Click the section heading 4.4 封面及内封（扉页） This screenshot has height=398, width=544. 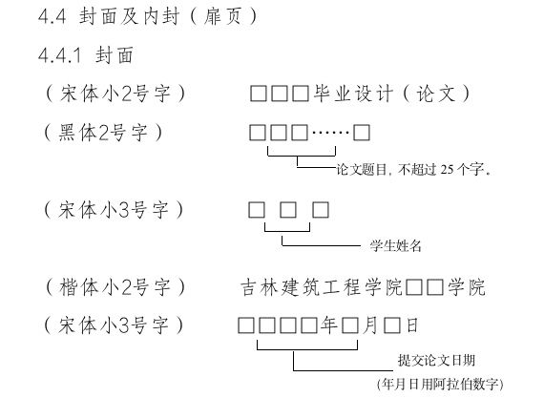(148, 16)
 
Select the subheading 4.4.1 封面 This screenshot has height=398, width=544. (85, 55)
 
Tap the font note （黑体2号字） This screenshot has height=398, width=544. (104, 133)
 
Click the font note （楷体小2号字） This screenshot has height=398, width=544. (115, 287)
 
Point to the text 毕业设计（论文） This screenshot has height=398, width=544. (392, 94)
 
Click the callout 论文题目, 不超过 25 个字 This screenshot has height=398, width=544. (413, 169)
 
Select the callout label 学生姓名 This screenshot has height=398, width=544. (396, 245)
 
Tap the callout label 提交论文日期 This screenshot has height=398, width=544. (436, 360)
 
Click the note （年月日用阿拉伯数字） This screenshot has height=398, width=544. (440, 384)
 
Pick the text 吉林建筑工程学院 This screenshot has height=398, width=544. (322, 287)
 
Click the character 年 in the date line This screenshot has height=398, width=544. (329, 325)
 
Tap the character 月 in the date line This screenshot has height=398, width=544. (370, 325)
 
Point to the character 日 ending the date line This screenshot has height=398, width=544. (412, 325)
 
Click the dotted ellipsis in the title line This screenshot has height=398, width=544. (330, 133)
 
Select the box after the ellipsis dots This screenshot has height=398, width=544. (362, 133)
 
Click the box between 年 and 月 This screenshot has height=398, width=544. (350, 325)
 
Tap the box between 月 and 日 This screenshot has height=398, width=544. (392, 325)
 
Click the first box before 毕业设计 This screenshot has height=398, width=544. (259, 94)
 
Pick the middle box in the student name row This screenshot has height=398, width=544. (288, 210)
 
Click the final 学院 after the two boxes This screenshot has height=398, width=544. (467, 287)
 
